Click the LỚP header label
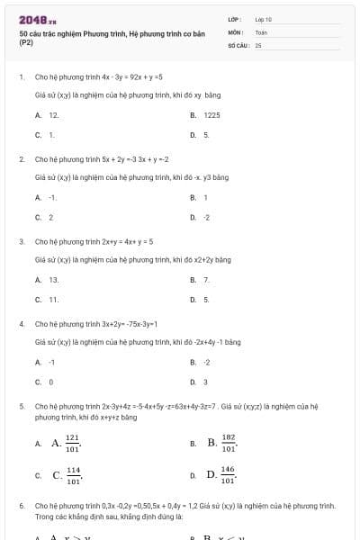pos(235,19)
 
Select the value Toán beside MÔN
pos(261,31)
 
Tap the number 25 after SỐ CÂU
pos(257,44)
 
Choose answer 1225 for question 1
pos(212,115)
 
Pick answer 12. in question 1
pos(54,115)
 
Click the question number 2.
pos(22,158)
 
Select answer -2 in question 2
pos(207,217)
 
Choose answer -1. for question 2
pos(53,197)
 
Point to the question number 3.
pos(22,241)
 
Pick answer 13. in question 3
pos(54,280)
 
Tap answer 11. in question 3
pos(54,299)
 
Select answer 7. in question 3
pos(207,280)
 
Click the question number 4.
pos(22,323)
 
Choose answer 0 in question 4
pos(51,382)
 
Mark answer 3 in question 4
pos(206,382)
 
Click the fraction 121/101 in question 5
pos(73,442)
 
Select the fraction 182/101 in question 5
pos(229,442)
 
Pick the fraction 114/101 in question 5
pos(73,474)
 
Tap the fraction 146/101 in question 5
pos(228,474)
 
